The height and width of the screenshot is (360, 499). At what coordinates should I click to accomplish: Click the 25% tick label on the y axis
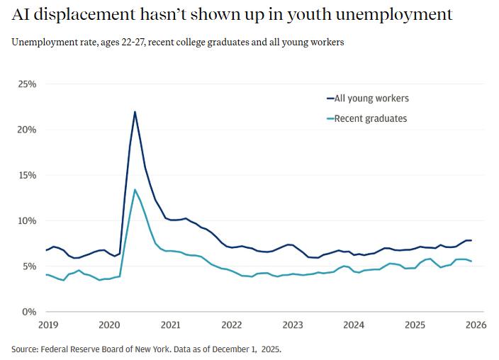(x=27, y=84)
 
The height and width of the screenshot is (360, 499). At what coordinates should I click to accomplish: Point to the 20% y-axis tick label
(x=27, y=130)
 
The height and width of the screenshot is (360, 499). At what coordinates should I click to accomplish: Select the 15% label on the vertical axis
(x=27, y=175)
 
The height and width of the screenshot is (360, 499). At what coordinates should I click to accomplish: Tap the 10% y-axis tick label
(x=27, y=220)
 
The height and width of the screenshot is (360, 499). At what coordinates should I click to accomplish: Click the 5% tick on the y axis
(x=29, y=266)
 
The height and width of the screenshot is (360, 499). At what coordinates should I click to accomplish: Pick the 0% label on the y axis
(x=29, y=312)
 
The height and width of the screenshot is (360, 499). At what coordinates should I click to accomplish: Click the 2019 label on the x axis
(x=48, y=325)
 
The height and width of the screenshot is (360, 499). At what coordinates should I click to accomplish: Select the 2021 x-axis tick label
(x=171, y=325)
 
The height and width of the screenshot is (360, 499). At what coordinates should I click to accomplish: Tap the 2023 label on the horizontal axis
(x=293, y=325)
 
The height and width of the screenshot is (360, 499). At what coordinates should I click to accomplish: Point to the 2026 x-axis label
(x=476, y=325)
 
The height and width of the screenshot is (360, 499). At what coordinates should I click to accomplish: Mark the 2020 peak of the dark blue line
(x=135, y=112)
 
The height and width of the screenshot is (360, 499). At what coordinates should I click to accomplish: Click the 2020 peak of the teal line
(x=135, y=190)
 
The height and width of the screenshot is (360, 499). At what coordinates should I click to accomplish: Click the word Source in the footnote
(x=26, y=349)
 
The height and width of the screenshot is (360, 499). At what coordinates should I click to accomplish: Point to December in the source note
(x=222, y=349)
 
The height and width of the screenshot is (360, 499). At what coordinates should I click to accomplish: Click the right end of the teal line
(x=471, y=261)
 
